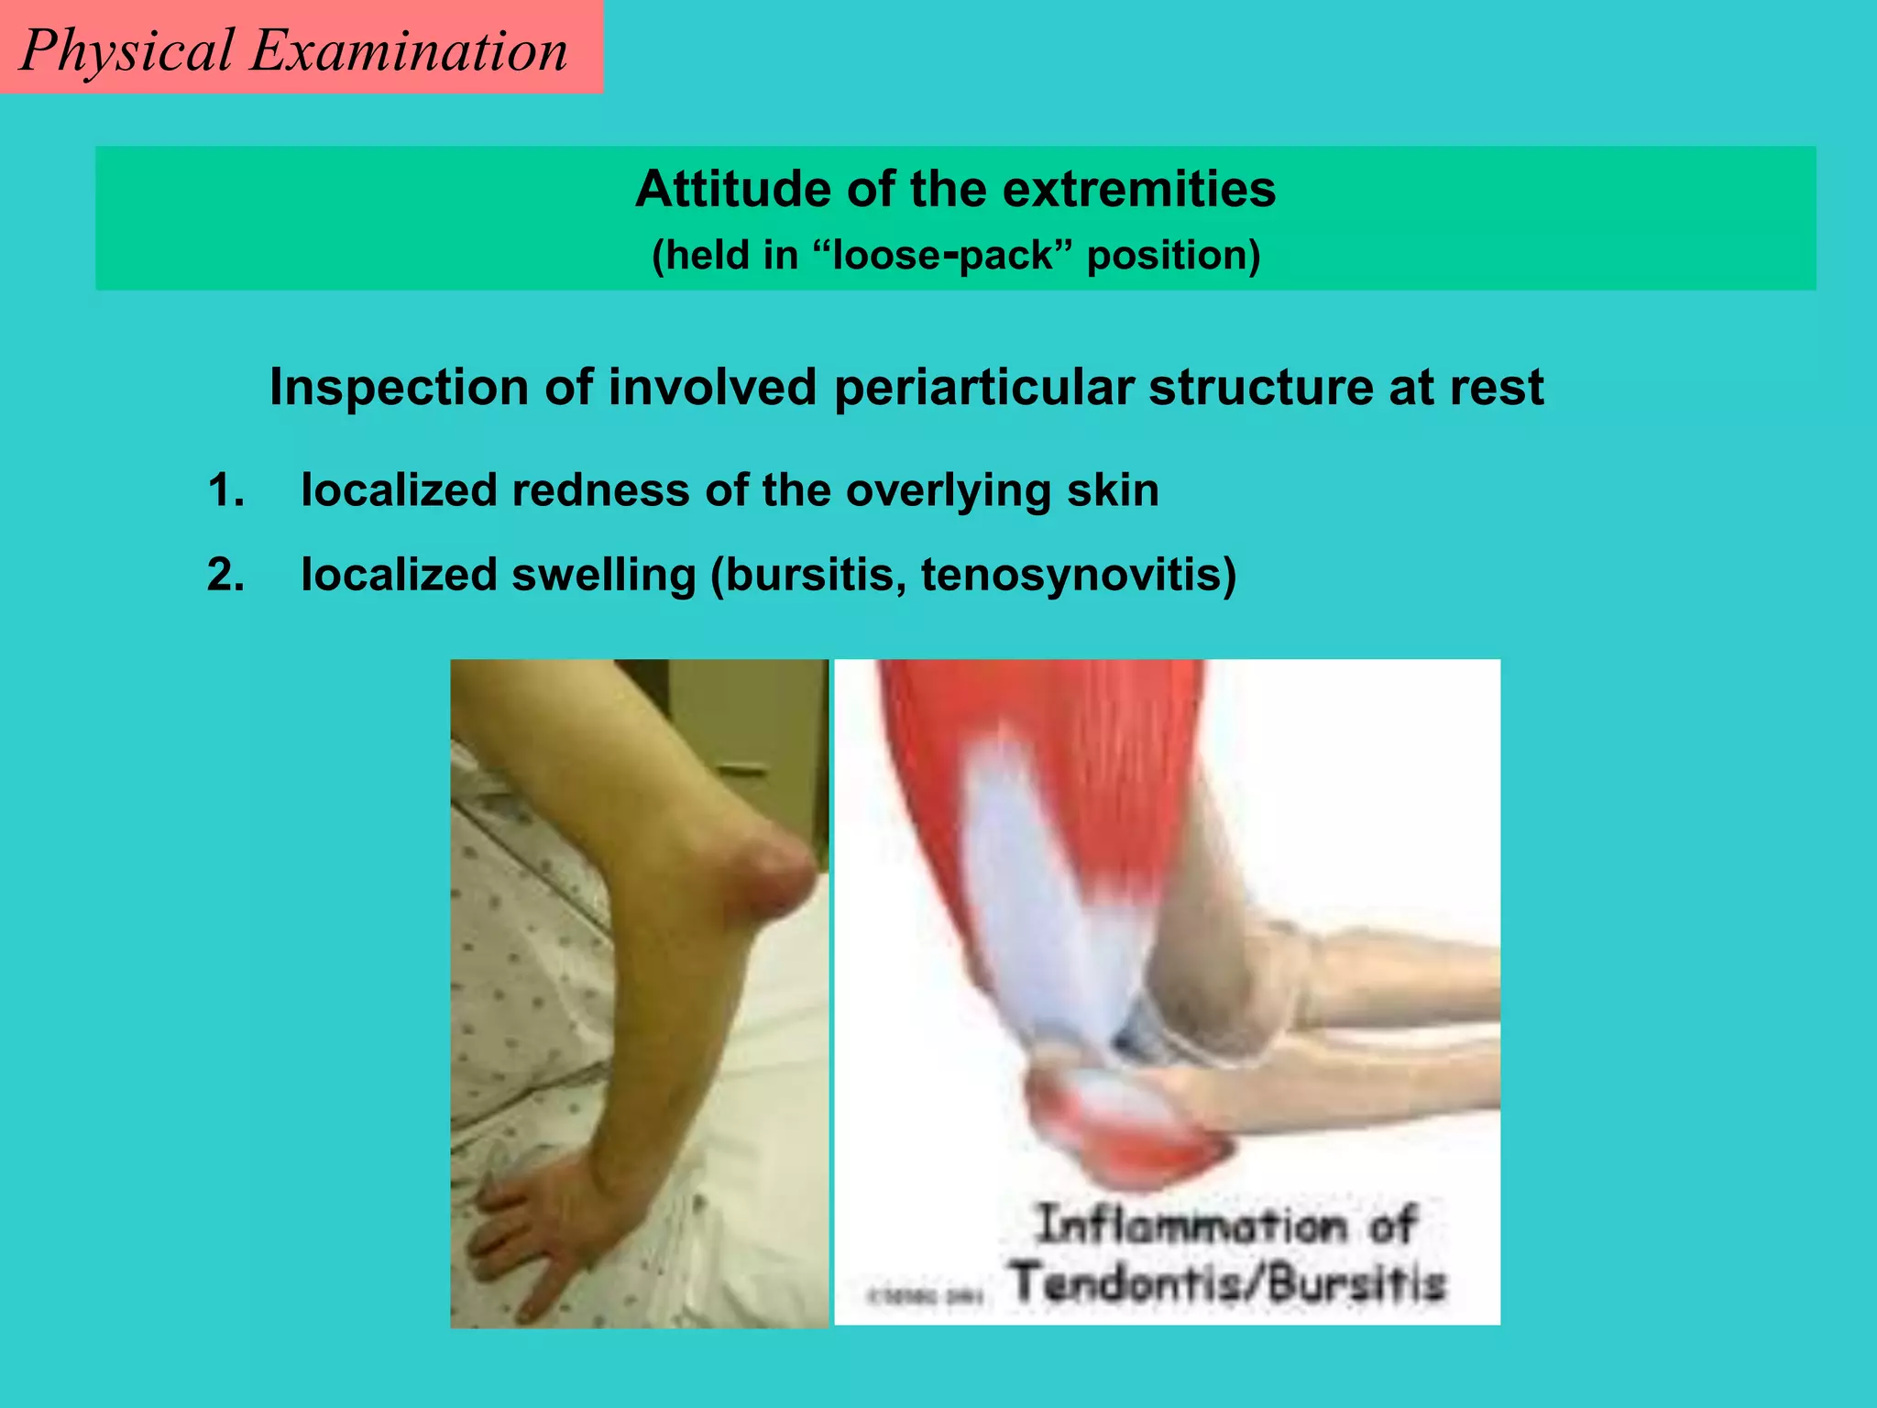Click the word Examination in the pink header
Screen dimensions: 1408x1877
[x=409, y=51]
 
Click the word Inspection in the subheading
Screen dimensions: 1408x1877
[x=399, y=387]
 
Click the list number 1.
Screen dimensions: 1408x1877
[x=225, y=490]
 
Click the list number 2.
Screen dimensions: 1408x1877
[x=225, y=576]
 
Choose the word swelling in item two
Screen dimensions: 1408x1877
[x=603, y=576]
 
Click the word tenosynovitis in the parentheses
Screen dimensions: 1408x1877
[x=1071, y=576]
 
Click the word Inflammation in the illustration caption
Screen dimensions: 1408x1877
[x=1191, y=1226]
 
